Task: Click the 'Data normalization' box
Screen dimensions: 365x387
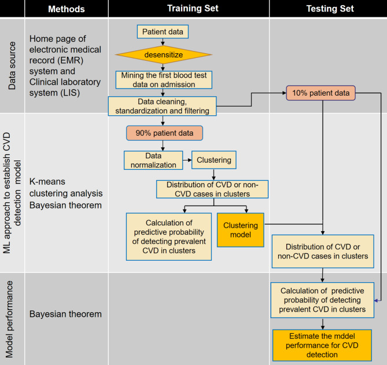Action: point(151,160)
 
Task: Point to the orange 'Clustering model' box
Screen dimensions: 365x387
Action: point(240,230)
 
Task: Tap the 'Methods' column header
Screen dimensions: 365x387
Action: point(66,9)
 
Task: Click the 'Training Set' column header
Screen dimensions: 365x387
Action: point(189,9)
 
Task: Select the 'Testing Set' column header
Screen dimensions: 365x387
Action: point(327,9)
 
